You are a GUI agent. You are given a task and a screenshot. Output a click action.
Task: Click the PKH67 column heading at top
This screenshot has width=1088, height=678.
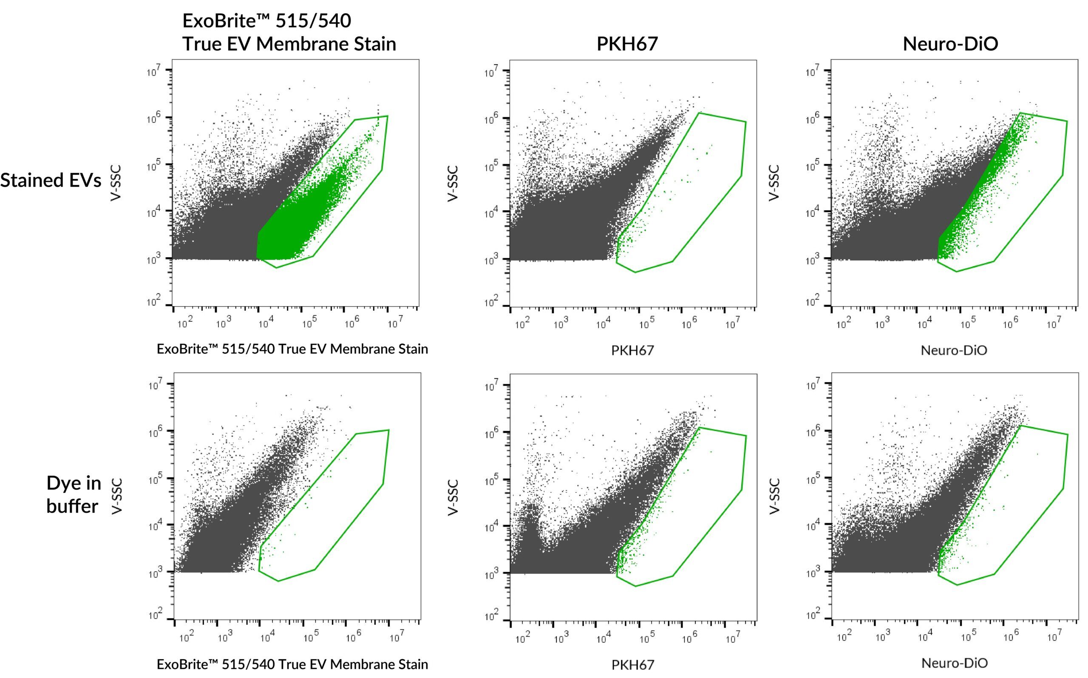tap(627, 44)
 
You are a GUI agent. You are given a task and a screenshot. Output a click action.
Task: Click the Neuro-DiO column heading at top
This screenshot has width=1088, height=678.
tap(950, 44)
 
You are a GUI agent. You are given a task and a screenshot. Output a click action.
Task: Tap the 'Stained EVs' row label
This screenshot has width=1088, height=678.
tap(51, 180)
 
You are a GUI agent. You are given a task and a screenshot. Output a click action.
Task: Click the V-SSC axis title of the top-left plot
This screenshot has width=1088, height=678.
tap(116, 183)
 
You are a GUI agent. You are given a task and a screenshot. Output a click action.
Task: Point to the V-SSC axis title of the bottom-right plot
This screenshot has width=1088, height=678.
tap(774, 496)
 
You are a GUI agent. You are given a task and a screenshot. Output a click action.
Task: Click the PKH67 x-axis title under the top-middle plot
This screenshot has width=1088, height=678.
tap(632, 350)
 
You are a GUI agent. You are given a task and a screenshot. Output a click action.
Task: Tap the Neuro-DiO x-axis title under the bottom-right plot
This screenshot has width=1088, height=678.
tap(954, 663)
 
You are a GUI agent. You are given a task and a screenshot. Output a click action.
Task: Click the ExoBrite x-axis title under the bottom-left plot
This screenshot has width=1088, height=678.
tap(292, 664)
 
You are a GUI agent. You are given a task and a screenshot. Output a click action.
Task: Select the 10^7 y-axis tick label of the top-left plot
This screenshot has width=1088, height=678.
tap(153, 71)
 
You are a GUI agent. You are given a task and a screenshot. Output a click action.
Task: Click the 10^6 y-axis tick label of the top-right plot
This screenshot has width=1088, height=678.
tap(812, 118)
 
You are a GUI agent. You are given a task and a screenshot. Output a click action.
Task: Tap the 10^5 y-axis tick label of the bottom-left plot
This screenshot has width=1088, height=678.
tap(155, 479)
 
